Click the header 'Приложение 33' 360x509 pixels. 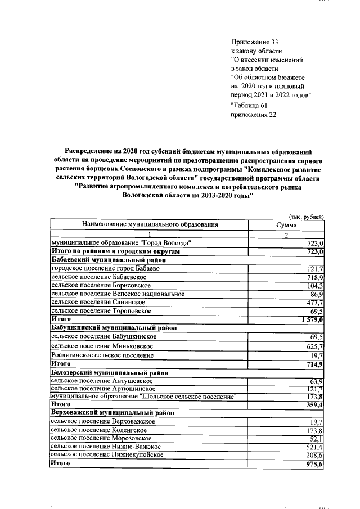[x=255, y=42]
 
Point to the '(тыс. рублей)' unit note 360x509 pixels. [x=307, y=216]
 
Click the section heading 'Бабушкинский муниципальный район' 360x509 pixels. [x=114, y=327]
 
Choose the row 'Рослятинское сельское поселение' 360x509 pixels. [x=102, y=355]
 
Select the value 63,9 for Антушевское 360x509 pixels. [x=316, y=381]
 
